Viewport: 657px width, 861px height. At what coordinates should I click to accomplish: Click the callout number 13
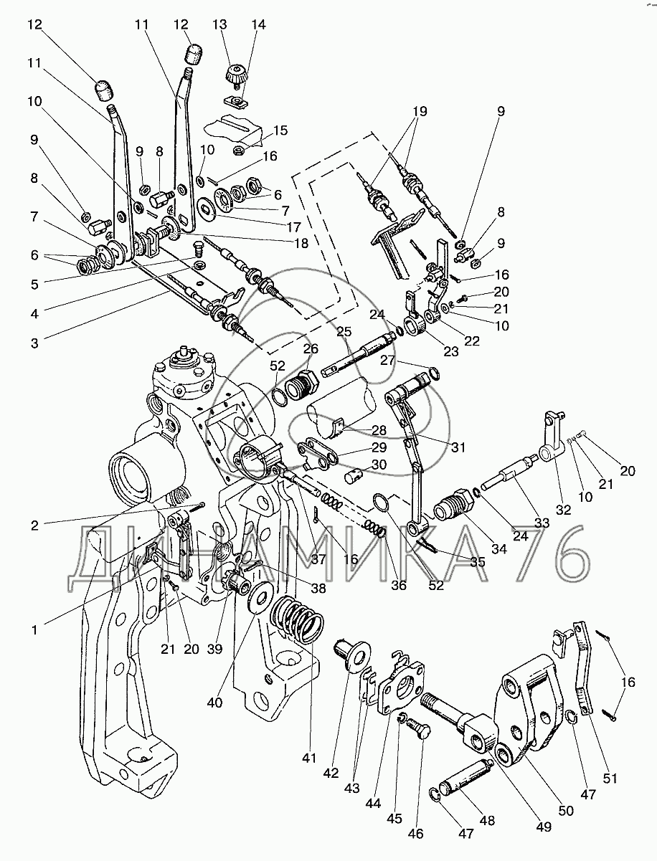pos(219,24)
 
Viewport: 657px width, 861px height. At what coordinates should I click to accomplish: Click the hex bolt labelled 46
pos(419,730)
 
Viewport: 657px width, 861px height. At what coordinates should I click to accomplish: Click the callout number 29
pos(379,447)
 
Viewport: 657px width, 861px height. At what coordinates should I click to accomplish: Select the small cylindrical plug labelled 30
pos(354,477)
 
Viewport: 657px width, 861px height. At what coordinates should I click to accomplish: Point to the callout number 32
pos(563,510)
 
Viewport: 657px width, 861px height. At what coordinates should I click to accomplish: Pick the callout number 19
pos(420,111)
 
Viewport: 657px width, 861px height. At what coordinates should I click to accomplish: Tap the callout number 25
pos(344,331)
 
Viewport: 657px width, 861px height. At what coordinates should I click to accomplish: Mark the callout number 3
pos(34,343)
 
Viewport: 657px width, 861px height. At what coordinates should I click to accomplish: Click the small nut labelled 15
pos(239,149)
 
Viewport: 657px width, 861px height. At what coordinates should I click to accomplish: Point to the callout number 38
pos(318,588)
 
